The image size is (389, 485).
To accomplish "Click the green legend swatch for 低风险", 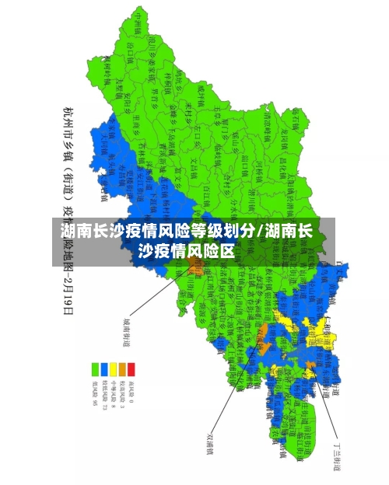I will tap(95, 368).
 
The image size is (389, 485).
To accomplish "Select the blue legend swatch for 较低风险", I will tap(104, 368).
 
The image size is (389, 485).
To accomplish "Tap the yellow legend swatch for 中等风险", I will tap(114, 368).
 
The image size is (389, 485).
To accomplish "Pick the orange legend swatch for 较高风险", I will tap(123, 368).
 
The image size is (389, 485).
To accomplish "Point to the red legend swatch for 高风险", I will tap(131, 368).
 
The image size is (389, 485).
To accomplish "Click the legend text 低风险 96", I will tap(95, 393).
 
